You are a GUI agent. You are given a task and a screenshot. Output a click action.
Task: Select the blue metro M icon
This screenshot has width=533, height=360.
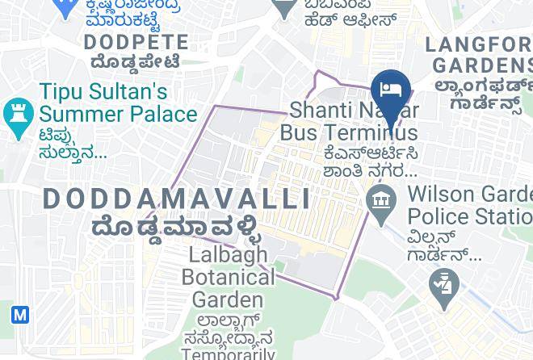coord(20,315)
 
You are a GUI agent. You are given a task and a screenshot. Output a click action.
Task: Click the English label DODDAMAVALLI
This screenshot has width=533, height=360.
coord(177,199)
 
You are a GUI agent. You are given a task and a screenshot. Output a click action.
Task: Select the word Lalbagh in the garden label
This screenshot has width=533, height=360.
coord(227,256)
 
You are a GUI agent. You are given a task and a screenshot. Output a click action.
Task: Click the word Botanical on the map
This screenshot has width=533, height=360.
coord(228,278)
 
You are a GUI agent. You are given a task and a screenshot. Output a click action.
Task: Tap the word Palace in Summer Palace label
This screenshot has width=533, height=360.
coord(160,115)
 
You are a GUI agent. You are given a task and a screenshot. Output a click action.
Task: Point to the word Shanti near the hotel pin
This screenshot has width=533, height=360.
coord(320,109)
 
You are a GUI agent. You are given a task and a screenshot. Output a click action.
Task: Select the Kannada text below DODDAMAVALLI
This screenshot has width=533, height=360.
coord(176,228)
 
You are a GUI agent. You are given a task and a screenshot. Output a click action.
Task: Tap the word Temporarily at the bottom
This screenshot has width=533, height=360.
coord(228,354)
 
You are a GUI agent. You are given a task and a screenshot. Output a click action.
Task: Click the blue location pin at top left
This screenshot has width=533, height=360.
coord(65,6)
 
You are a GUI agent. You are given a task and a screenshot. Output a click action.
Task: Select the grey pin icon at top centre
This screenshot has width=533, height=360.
coord(285,7)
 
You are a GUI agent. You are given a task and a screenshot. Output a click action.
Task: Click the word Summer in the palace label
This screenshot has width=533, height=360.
coord(80,115)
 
